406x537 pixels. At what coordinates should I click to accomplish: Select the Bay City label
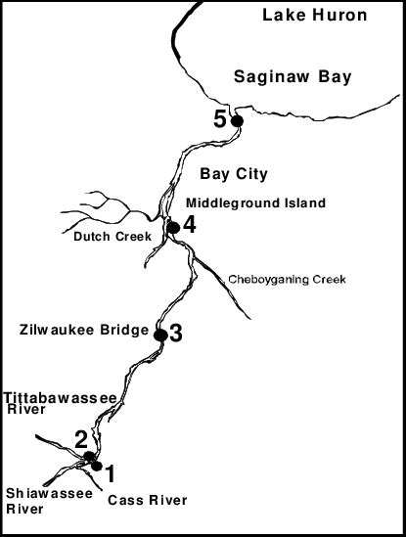pyautogui.click(x=234, y=175)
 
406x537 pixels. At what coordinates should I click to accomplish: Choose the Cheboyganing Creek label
pyautogui.click(x=288, y=280)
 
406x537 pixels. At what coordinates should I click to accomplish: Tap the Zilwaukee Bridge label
pyautogui.click(x=83, y=329)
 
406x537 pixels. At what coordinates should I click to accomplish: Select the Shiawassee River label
pyautogui.click(x=36, y=501)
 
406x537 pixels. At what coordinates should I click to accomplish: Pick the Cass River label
pyautogui.click(x=148, y=502)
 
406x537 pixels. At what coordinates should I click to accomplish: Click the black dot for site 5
pyautogui.click(x=235, y=120)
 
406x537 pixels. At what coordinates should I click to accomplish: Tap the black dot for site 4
pyautogui.click(x=172, y=227)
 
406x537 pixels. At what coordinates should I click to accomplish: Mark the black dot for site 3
pyautogui.click(x=159, y=335)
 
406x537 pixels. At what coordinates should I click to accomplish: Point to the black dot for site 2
pyautogui.click(x=88, y=456)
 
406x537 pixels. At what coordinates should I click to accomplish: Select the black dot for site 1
pyautogui.click(x=96, y=466)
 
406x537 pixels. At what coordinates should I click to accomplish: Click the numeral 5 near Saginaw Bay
pyautogui.click(x=220, y=119)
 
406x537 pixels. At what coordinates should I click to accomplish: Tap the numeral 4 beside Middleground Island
pyautogui.click(x=189, y=224)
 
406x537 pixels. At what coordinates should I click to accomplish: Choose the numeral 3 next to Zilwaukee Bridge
pyautogui.click(x=175, y=333)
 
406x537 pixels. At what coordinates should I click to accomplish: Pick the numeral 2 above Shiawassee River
pyautogui.click(x=81, y=439)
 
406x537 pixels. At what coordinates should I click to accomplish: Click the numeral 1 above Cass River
pyautogui.click(x=111, y=474)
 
